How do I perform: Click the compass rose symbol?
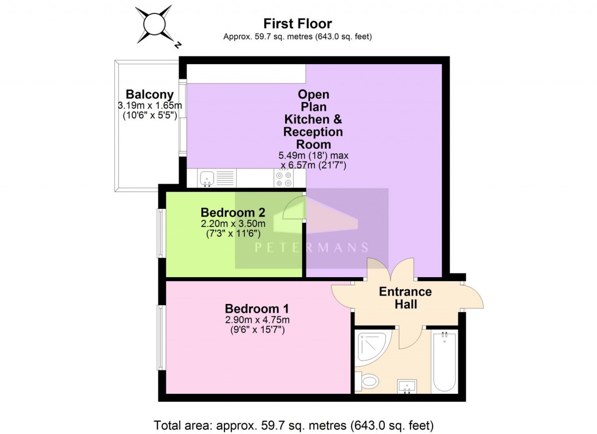(155, 24)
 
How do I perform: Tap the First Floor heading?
(297, 24)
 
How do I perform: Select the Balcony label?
(150, 94)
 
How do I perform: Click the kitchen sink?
(208, 177)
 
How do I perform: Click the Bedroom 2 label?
(233, 212)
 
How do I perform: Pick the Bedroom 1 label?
(257, 309)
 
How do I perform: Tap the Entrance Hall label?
(405, 297)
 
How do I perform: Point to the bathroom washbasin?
(406, 386)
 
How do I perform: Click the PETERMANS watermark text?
(311, 247)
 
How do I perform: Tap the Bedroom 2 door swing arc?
(293, 208)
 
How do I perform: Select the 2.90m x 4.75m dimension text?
(257, 320)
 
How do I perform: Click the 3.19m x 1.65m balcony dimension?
(150, 106)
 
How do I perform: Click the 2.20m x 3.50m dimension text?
(233, 223)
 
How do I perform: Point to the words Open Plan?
(313, 100)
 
